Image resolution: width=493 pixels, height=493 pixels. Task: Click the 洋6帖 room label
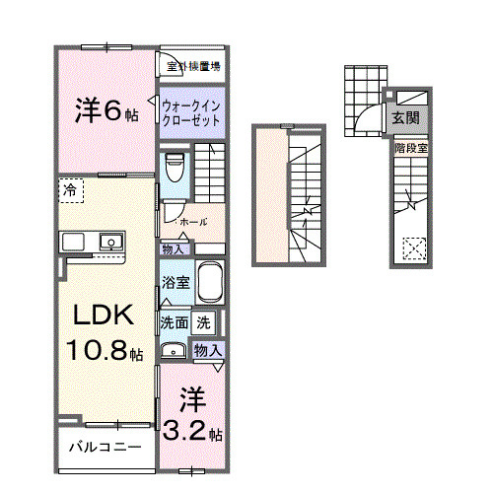point(106,110)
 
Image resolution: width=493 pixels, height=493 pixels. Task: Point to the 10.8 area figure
point(103,349)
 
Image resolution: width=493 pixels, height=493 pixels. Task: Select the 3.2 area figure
point(188,432)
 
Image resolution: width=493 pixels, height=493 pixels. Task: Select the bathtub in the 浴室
point(209,284)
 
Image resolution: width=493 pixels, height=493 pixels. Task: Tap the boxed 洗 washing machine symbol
point(202,321)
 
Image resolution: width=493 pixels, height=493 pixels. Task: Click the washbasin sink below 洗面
point(175,349)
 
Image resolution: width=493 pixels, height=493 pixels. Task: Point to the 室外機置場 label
point(193,66)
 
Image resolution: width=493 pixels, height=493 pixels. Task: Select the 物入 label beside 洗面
point(206,350)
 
